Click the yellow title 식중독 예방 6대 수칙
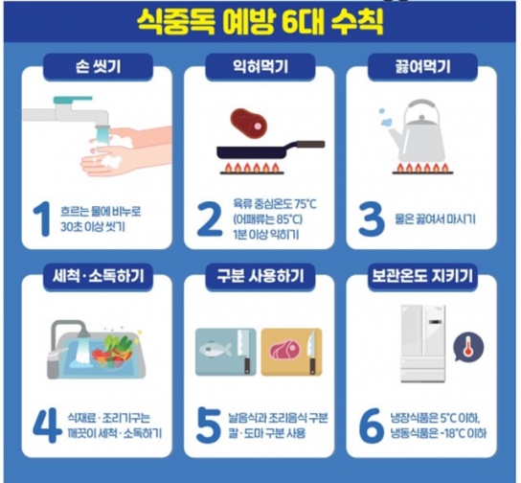tap(260, 22)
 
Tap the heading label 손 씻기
tap(98, 67)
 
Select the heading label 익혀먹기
tap(260, 67)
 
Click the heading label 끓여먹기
tap(422, 67)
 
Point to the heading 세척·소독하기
tap(98, 276)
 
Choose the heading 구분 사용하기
tap(260, 276)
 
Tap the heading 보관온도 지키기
tap(422, 276)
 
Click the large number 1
tap(42, 219)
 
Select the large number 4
tap(47, 426)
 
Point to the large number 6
tap(371, 426)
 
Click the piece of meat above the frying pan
tap(249, 124)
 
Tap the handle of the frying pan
tap(310, 144)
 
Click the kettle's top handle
tap(420, 108)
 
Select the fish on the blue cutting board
tap(215, 349)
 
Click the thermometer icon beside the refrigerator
tap(468, 347)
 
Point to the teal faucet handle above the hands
tap(73, 100)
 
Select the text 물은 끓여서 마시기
tap(435, 219)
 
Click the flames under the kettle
tap(423, 169)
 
